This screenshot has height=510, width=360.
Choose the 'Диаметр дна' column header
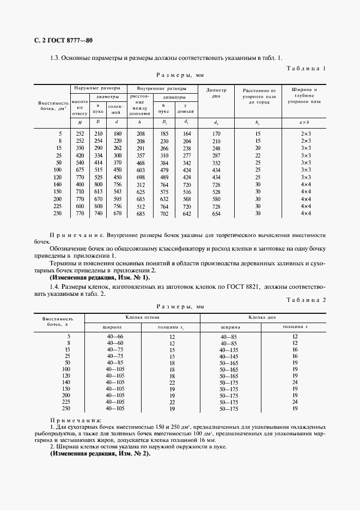coord(216,92)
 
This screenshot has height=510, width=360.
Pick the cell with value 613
coord(99,192)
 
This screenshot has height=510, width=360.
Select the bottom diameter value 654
coord(216,214)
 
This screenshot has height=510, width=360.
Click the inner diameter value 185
coord(163,133)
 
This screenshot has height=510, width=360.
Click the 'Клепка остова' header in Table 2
coord(142,316)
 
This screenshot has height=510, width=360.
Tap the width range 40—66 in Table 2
coord(115,336)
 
